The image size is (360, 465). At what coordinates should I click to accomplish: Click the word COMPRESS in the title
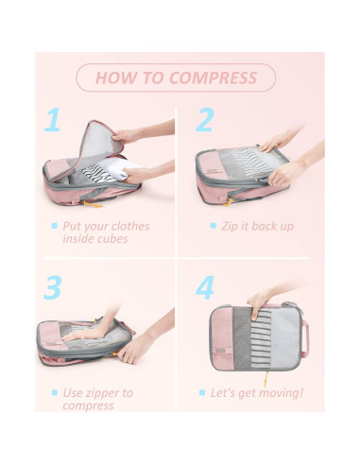coord(213,77)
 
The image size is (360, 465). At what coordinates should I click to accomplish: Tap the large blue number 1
coord(53,121)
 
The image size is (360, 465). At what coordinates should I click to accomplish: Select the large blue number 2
coord(204,121)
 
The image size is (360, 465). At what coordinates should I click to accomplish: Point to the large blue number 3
coord(54,286)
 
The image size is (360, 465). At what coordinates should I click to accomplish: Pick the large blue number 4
coord(205,286)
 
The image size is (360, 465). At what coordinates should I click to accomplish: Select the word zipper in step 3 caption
coord(111,392)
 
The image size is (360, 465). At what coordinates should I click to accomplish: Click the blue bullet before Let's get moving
coord(201,392)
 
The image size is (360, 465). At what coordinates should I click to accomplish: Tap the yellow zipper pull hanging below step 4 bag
coord(265,378)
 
